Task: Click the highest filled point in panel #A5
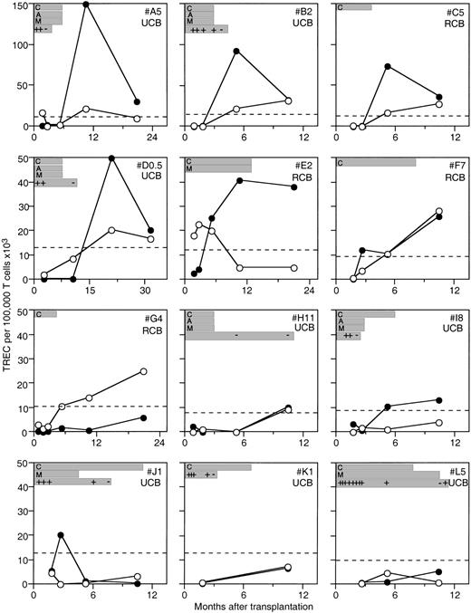[85, 5]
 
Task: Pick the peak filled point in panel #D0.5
[111, 158]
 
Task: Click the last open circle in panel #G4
[144, 372]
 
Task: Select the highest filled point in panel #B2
[236, 51]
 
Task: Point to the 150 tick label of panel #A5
[19, 5]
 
